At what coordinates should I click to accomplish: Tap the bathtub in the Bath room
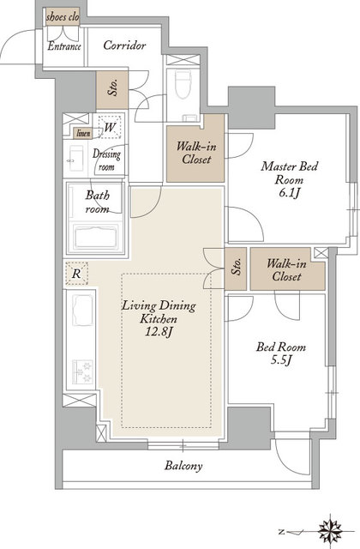pyautogui.click(x=95, y=238)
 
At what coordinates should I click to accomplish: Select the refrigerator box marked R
pyautogui.click(x=76, y=273)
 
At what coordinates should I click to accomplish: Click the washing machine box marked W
pyautogui.click(x=110, y=127)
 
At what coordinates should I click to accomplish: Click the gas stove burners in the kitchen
pyautogui.click(x=82, y=371)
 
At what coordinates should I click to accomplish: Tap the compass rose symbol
pyautogui.click(x=330, y=532)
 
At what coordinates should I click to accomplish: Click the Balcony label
pyautogui.click(x=183, y=466)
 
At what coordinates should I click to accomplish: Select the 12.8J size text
pyautogui.click(x=159, y=332)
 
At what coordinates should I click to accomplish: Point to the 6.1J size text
pyautogui.click(x=290, y=192)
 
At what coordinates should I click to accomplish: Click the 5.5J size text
pyautogui.click(x=281, y=359)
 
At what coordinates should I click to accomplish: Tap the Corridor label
pyautogui.click(x=124, y=45)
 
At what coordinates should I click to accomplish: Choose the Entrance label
pyautogui.click(x=64, y=46)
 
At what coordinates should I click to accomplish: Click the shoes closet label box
pyautogui.click(x=63, y=17)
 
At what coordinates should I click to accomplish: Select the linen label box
pyautogui.click(x=83, y=133)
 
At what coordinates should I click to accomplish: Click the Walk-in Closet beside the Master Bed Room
pyautogui.click(x=195, y=153)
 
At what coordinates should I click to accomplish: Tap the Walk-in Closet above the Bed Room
pyautogui.click(x=287, y=269)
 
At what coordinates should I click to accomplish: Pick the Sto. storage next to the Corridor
pyautogui.click(x=112, y=89)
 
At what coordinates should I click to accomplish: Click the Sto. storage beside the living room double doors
pyautogui.click(x=237, y=268)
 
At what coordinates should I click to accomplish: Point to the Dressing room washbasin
pyautogui.click(x=75, y=158)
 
